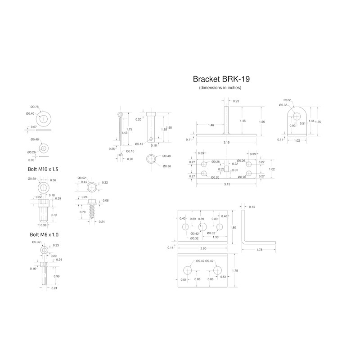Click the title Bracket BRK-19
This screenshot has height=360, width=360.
(x=221, y=79)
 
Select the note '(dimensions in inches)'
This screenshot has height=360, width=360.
(x=220, y=87)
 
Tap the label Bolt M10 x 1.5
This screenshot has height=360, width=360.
(x=43, y=169)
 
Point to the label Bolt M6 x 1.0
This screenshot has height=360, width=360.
(x=44, y=234)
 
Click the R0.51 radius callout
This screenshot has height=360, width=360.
(x=288, y=100)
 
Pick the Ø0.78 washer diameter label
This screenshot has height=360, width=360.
(x=35, y=107)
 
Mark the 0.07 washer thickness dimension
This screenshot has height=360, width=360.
(x=34, y=127)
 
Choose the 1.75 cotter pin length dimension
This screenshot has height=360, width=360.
(x=129, y=129)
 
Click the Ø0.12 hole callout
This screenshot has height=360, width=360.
(x=139, y=144)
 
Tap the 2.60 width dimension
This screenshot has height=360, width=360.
(x=203, y=248)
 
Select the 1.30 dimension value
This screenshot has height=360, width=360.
(x=216, y=237)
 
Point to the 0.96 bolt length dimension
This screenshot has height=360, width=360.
(x=57, y=276)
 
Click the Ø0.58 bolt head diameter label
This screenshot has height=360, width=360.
(x=32, y=179)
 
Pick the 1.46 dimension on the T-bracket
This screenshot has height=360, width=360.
(x=211, y=125)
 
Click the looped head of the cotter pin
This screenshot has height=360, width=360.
(x=120, y=114)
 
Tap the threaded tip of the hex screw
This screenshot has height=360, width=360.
(x=92, y=217)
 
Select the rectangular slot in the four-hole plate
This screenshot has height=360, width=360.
(x=226, y=169)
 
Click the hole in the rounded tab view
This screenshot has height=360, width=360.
(x=297, y=116)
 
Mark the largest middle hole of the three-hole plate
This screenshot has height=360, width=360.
(x=202, y=227)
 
